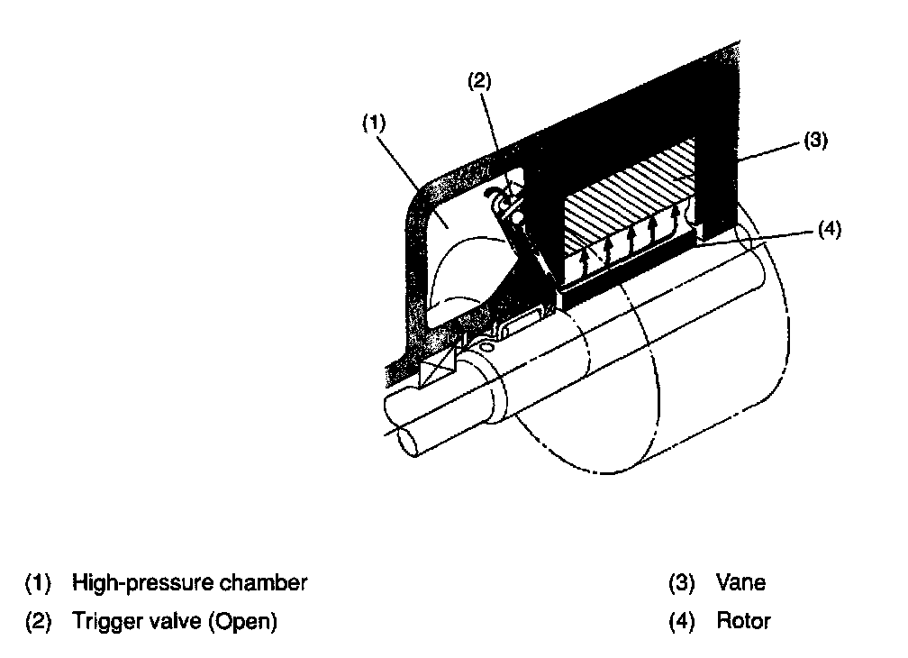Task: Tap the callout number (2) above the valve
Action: coord(478,80)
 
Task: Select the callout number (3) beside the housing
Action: coord(813,141)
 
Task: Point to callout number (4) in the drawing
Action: coord(830,229)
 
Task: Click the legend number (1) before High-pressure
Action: coord(38,583)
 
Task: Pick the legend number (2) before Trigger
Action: coord(38,621)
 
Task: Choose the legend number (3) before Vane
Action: coord(681,583)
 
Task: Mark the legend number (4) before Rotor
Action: coord(681,621)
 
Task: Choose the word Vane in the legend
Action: coord(740,583)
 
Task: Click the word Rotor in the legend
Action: coord(743,621)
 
